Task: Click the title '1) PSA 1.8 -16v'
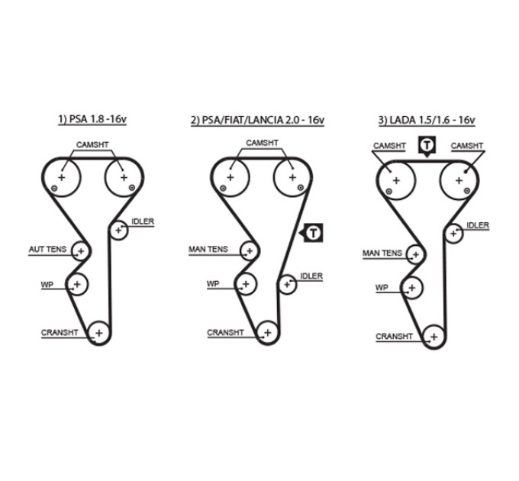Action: [92, 119]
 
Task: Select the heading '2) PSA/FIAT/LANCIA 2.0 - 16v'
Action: [257, 120]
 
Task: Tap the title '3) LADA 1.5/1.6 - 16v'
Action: [427, 120]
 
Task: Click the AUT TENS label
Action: [47, 249]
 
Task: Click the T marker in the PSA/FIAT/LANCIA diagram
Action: [313, 233]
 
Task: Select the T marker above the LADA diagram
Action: [427, 146]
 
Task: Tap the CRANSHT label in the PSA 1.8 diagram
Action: [60, 333]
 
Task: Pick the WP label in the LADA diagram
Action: [382, 288]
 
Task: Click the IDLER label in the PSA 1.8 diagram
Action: [143, 221]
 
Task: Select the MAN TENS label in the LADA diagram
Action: [382, 253]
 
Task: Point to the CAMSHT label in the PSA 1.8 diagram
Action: [92, 145]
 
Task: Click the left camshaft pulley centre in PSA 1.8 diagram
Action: [62, 177]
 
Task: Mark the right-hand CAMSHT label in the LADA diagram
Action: [466, 146]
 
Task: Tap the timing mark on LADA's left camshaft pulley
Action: [388, 191]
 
